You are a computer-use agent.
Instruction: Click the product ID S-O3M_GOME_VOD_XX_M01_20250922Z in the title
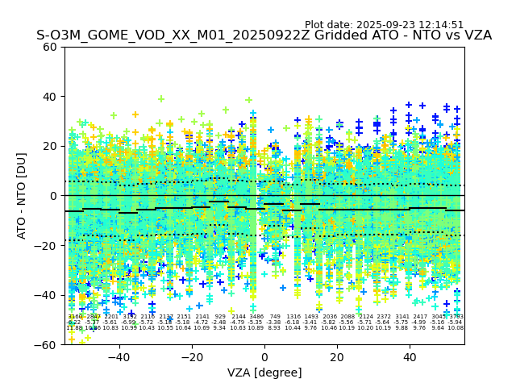pyautogui.click(x=166, y=35)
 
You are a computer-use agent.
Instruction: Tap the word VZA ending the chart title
pyautogui.click(x=476, y=35)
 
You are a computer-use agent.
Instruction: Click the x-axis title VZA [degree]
pyautogui.click(x=264, y=372)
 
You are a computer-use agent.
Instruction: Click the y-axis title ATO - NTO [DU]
pyautogui.click(x=23, y=195)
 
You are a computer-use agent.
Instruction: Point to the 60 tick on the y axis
pyautogui.click(x=50, y=47)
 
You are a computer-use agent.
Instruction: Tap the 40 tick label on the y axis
pyautogui.click(x=50, y=97)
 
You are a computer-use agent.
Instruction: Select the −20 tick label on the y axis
pyautogui.click(x=47, y=245)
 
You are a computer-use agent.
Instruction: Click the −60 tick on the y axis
pyautogui.click(x=47, y=344)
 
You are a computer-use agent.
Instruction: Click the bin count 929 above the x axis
pyautogui.click(x=220, y=317)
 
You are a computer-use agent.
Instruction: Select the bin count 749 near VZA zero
pyautogui.click(x=275, y=317)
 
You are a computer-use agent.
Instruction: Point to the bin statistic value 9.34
pyautogui.click(x=220, y=328)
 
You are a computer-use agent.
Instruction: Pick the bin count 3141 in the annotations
pyautogui.click(x=402, y=317)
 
